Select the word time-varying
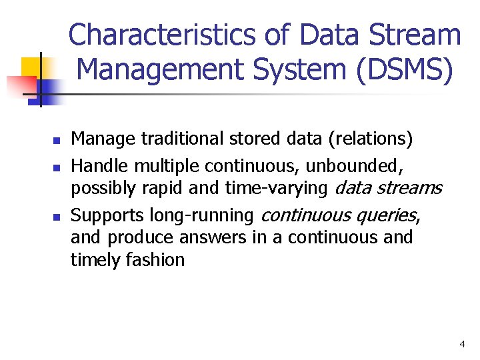[276, 189]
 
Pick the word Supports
[107, 215]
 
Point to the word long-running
[202, 215]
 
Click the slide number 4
[462, 344]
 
